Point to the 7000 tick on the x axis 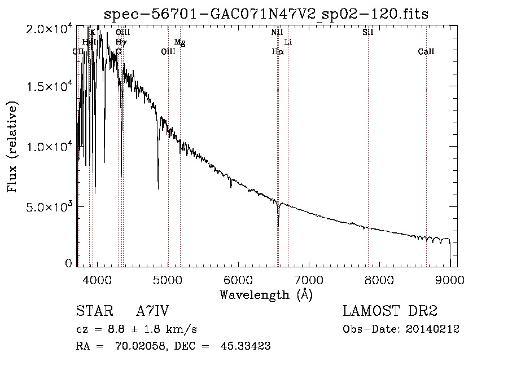[x=309, y=280]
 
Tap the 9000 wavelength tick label [x=450, y=280]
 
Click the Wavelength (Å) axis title [x=266, y=294]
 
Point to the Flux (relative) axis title [x=12, y=147]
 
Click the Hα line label [x=277, y=52]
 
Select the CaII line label [x=426, y=52]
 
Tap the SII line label [x=368, y=32]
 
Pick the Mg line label [x=179, y=42]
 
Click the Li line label [x=288, y=42]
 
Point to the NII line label [x=277, y=32]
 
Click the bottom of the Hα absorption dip [x=278, y=226]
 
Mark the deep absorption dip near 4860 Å [x=158, y=188]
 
